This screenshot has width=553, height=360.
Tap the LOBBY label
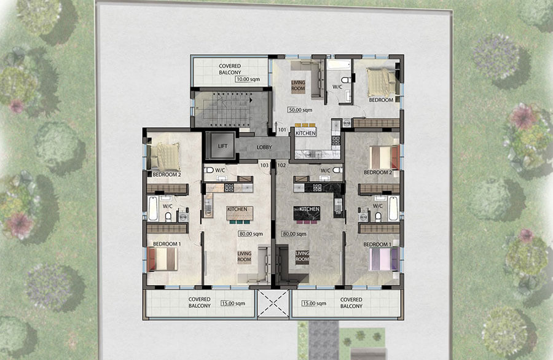[264, 147]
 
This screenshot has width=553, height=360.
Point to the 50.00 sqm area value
[299, 110]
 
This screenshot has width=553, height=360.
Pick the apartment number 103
[265, 165]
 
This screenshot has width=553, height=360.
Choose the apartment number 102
[282, 165]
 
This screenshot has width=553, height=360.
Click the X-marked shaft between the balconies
[273, 303]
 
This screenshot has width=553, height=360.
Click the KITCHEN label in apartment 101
[305, 133]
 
